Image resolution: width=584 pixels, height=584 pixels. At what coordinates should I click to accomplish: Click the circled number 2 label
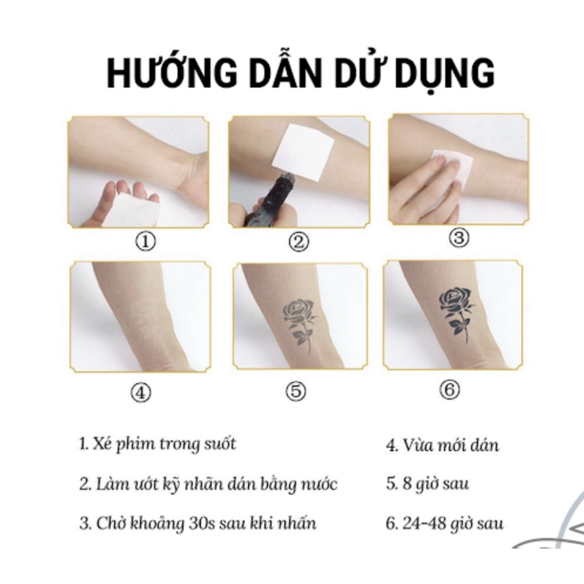[299, 242]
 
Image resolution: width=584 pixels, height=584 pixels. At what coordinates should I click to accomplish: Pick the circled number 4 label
[140, 393]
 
